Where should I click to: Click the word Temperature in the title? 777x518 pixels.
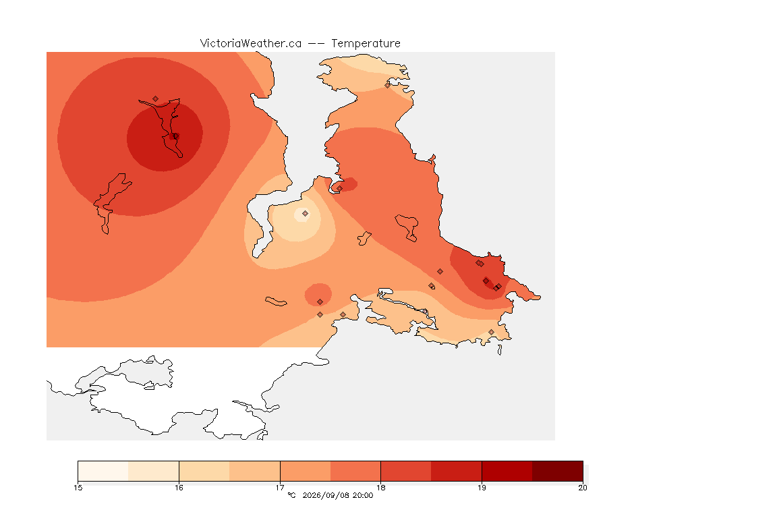pyautogui.click(x=366, y=44)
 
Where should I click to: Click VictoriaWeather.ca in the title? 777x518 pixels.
pyautogui.click(x=251, y=44)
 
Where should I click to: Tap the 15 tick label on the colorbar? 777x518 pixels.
pyautogui.click(x=78, y=488)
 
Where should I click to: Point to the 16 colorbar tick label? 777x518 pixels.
pyautogui.click(x=179, y=488)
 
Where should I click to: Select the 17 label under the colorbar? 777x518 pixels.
pyautogui.click(x=280, y=488)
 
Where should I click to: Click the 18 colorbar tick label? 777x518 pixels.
pyautogui.click(x=380, y=488)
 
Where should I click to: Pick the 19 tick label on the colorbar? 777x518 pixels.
pyautogui.click(x=482, y=488)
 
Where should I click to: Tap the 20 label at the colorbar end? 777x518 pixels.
pyautogui.click(x=583, y=488)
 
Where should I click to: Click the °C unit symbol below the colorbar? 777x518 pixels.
pyautogui.click(x=291, y=495)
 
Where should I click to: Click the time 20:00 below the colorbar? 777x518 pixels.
pyautogui.click(x=363, y=495)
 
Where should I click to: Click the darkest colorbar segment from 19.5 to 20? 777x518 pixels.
pyautogui.click(x=558, y=471)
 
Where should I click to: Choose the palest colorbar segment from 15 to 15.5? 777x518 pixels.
pyautogui.click(x=103, y=471)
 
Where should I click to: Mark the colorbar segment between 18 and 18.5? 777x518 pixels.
pyautogui.click(x=406, y=471)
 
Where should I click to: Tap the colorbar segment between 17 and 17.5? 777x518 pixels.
pyautogui.click(x=306, y=471)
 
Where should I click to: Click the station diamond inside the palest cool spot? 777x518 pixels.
pyautogui.click(x=306, y=214)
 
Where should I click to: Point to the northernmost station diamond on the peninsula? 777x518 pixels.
pyautogui.click(x=388, y=85)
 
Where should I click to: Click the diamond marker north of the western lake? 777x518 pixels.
pyautogui.click(x=156, y=99)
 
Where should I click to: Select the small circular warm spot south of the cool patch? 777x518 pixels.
pyautogui.click(x=318, y=295)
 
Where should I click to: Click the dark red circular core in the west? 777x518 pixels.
pyautogui.click(x=165, y=138)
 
